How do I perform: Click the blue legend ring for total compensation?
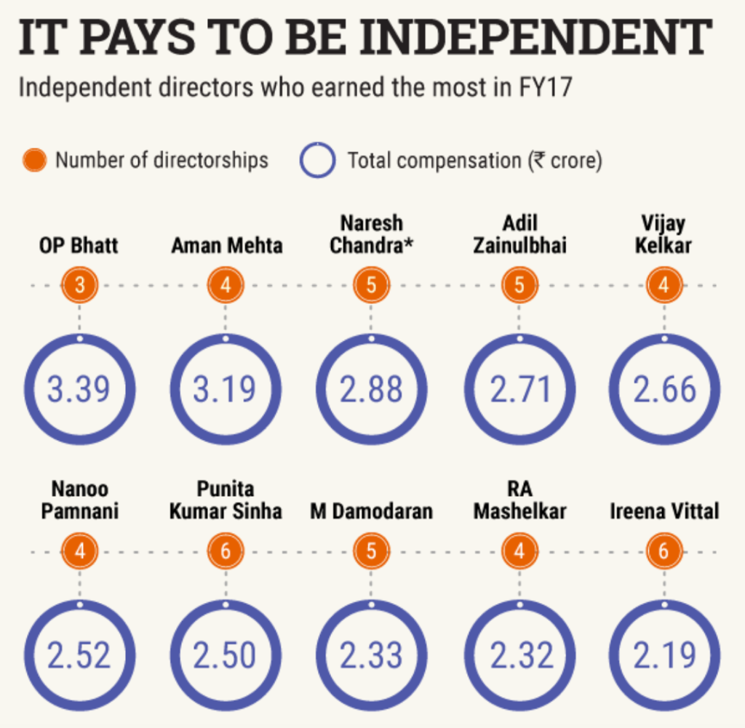pos(317,160)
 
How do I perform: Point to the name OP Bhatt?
pos(79,246)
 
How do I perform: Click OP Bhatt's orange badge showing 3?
pos(79,285)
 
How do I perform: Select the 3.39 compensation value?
pos(79,390)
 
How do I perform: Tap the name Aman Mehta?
pos(226,246)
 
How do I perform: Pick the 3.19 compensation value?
pos(225,390)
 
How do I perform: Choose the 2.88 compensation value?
pos(372,390)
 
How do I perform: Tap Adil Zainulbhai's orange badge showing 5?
pos(519,285)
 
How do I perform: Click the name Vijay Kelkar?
pos(663,233)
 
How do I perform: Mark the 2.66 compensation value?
pos(664,390)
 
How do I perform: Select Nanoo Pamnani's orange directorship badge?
pos(79,551)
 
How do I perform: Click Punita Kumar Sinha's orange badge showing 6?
pos(226,551)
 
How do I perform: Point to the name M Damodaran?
pos(372,511)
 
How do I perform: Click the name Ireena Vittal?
pos(664,511)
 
